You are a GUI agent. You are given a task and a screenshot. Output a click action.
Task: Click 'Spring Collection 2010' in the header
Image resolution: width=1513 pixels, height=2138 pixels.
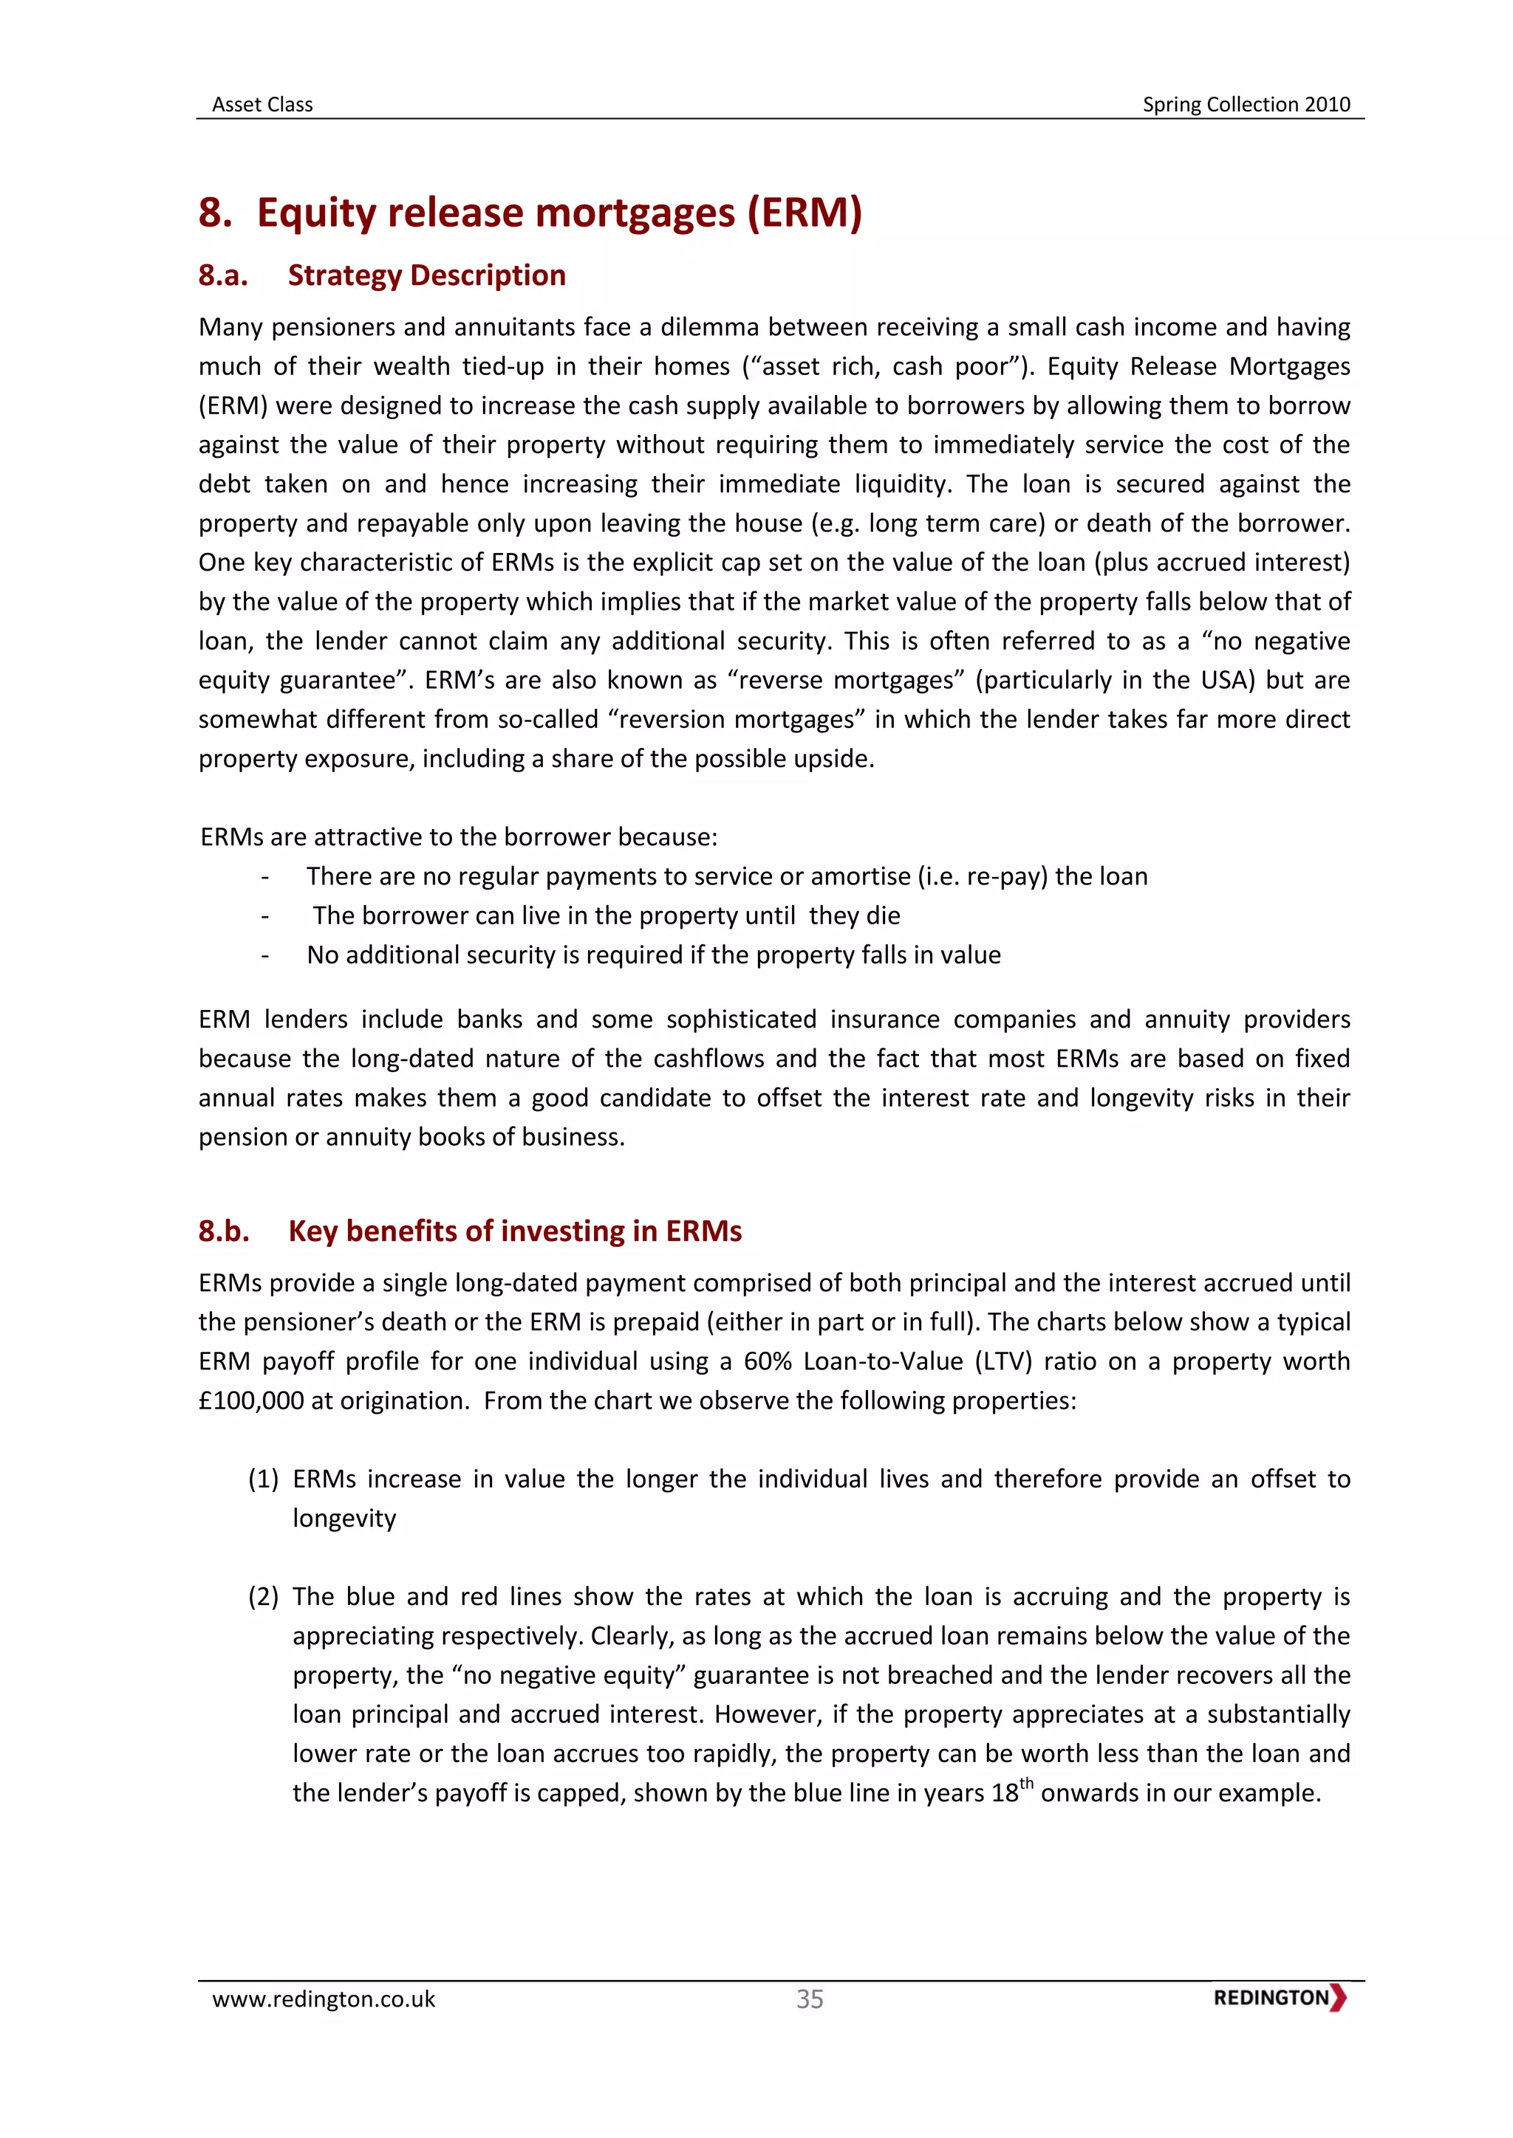click(1246, 104)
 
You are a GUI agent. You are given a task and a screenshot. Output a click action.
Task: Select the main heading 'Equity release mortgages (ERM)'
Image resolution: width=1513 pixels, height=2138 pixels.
click(559, 213)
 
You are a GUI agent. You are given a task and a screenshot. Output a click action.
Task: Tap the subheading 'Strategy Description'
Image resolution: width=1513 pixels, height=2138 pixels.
click(427, 275)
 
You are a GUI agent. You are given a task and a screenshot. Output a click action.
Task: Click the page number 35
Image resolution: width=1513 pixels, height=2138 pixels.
click(810, 1998)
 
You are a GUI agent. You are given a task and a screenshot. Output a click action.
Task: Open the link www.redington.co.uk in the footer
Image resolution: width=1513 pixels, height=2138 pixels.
click(324, 1998)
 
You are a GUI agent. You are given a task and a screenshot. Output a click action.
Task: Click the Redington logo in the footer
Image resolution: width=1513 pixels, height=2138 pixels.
click(1279, 1998)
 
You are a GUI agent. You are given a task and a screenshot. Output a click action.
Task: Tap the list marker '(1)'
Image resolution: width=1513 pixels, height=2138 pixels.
click(264, 1479)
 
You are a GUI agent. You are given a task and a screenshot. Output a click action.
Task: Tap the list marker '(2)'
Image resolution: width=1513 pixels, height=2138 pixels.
click(264, 1596)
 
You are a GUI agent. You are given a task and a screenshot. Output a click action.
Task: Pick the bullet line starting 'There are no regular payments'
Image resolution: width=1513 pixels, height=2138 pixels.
click(727, 876)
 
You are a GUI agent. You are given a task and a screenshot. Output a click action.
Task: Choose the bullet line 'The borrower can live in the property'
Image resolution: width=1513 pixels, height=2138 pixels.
click(606, 915)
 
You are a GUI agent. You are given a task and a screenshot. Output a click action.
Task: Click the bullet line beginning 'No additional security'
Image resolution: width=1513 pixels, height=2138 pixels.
click(653, 955)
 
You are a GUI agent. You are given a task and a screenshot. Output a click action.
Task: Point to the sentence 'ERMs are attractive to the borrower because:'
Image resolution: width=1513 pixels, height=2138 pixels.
click(458, 837)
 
